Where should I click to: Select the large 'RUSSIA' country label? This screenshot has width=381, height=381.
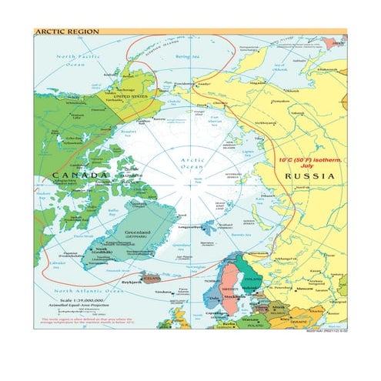309,176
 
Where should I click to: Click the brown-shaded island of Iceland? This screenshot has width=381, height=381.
150,275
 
